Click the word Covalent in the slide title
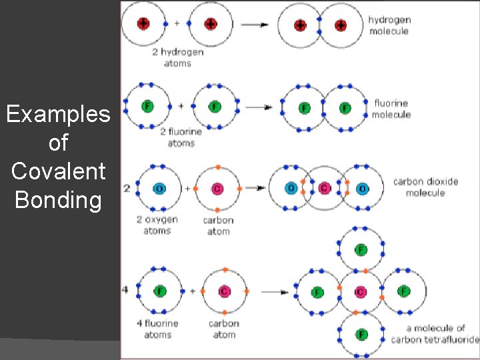(58, 171)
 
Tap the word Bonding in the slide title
(58, 200)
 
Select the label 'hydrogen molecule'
(389, 25)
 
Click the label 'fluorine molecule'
(392, 109)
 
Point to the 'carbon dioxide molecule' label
(427, 187)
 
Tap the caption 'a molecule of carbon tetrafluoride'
(435, 333)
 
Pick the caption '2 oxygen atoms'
(157, 225)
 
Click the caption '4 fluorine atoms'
(157, 329)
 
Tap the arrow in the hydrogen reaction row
(255, 25)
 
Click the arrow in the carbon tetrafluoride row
(275, 292)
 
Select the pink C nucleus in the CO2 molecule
(325, 188)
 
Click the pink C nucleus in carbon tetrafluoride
(361, 292)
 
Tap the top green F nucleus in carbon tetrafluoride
(361, 250)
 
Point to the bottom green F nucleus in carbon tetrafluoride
(361, 333)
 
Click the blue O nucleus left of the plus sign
(159, 189)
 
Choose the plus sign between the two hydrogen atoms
(177, 23)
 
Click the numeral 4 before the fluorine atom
(125, 291)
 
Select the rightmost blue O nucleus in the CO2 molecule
(361, 188)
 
